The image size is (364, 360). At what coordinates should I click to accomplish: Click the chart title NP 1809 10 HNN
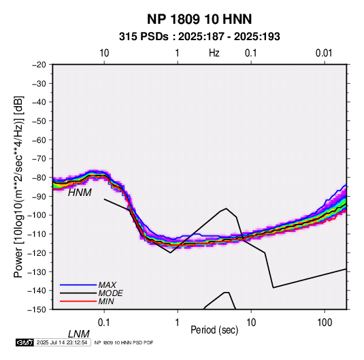coord(199,19)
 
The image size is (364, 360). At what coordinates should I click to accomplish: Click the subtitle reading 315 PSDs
coord(144,37)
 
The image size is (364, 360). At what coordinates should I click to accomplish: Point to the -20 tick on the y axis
coord(39,65)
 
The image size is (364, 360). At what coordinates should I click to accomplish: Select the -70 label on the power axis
coord(39,159)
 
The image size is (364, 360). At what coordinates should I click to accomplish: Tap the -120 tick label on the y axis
coord(37,252)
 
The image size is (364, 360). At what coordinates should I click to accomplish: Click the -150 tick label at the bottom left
coord(37,310)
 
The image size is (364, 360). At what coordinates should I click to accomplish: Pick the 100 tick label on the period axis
coord(325,323)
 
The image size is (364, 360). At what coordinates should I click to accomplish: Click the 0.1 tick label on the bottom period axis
coord(104,323)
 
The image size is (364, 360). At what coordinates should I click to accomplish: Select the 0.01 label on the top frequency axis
coord(324,53)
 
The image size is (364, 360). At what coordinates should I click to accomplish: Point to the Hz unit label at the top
coord(214,53)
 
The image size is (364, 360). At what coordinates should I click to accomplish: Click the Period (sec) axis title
coord(214,330)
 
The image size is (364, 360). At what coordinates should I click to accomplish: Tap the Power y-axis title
coord(18,187)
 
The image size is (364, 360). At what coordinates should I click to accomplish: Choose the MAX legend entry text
coord(107,285)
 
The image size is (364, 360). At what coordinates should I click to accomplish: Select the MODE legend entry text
coord(110,293)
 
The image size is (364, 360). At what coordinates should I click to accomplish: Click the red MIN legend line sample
coord(78,301)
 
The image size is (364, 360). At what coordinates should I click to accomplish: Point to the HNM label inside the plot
coord(80,193)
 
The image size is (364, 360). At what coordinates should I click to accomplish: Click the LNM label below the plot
coord(79,334)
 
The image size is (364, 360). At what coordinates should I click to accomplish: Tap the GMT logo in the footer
coord(25,342)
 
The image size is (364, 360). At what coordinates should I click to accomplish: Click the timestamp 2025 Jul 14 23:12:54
coord(62,342)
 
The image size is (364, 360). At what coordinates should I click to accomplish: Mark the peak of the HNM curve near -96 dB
coord(226,208)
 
